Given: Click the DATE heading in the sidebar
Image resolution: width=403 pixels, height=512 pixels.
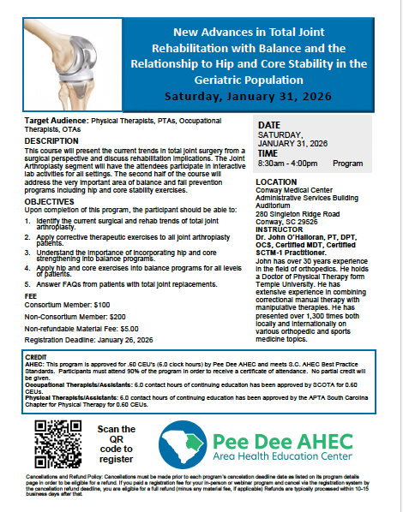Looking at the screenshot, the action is tap(269, 126).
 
